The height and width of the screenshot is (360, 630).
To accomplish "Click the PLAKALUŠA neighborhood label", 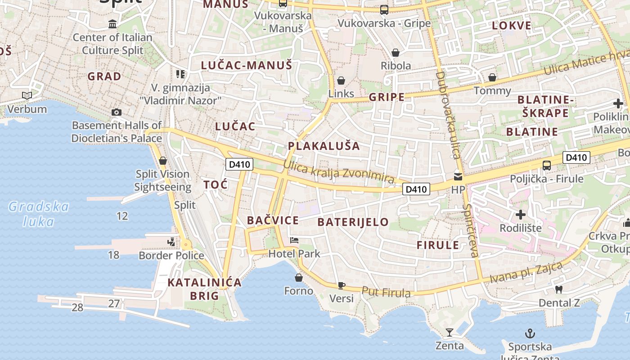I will click(324, 146).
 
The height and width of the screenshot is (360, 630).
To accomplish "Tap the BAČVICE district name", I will click(273, 220).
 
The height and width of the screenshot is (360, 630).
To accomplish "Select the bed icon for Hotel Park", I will click(294, 240).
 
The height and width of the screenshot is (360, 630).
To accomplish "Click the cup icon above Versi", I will click(342, 285).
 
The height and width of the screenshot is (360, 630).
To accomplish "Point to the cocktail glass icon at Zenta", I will click(449, 333).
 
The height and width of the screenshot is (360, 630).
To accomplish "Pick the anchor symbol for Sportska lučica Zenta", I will click(530, 334).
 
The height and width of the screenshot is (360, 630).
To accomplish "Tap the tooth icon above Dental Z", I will click(559, 290).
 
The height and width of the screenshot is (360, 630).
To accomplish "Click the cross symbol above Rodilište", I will click(521, 215).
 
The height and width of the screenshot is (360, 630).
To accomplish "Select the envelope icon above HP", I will click(458, 176).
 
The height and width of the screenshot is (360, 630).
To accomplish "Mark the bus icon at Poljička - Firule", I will click(546, 165).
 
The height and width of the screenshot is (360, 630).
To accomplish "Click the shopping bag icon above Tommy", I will click(492, 77).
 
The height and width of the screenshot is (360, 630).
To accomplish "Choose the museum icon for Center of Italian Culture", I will click(112, 24).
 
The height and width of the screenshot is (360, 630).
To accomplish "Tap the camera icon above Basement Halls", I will click(117, 112).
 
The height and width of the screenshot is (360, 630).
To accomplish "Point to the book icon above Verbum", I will click(27, 95).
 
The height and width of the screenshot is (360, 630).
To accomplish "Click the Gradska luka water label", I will click(39, 214).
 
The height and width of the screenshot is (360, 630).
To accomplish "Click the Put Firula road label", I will click(386, 292).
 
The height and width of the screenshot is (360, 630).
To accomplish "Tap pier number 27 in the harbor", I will click(114, 303).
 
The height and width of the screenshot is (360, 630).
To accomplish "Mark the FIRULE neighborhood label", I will click(438, 245).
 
